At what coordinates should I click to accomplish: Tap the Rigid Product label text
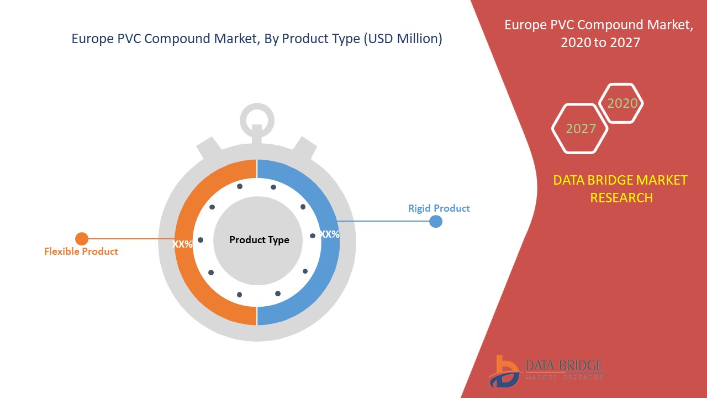click(x=439, y=208)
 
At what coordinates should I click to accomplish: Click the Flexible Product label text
click(x=81, y=252)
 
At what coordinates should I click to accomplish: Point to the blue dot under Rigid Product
click(x=436, y=222)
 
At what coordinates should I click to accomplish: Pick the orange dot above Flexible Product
click(x=82, y=239)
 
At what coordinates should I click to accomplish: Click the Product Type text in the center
click(x=259, y=240)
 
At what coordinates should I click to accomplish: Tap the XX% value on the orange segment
click(x=182, y=244)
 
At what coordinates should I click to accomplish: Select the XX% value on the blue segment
click(x=330, y=234)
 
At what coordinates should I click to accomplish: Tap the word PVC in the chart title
click(x=129, y=39)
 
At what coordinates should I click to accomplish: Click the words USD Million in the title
click(x=403, y=39)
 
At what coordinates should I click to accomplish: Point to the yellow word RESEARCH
click(x=621, y=198)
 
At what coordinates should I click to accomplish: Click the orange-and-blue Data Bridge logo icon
click(x=504, y=371)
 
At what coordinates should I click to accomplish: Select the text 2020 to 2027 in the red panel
click(x=600, y=43)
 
